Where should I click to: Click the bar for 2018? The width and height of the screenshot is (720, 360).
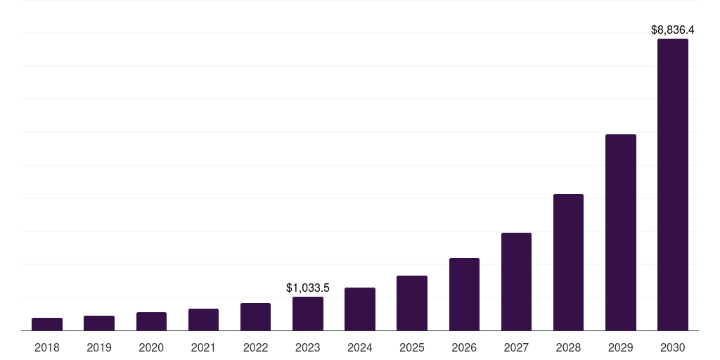point(47,324)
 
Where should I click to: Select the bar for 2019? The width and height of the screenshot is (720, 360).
point(99,323)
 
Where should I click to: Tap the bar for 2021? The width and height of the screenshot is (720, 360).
point(203,320)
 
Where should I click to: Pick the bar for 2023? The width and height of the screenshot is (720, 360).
point(308,314)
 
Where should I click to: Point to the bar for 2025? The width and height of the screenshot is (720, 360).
point(412,303)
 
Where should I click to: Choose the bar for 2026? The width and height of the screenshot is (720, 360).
point(464,295)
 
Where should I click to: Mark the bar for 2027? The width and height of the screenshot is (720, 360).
point(516,281)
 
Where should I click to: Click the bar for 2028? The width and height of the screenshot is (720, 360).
point(568,262)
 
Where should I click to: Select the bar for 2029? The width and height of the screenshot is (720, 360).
point(621,232)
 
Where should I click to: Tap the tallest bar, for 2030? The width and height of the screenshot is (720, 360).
point(673,185)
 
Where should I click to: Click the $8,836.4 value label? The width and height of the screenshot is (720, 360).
point(673,30)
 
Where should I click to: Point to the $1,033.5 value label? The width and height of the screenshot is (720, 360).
point(308,288)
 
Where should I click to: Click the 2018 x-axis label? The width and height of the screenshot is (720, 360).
point(47,347)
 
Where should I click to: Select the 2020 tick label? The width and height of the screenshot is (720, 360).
point(151,347)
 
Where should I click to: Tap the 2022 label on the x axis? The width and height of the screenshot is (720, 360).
point(255,347)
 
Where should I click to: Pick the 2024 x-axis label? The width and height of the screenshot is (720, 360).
point(360,347)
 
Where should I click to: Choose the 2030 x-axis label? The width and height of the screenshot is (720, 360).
point(673,347)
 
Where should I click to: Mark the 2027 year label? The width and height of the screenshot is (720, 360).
point(516,347)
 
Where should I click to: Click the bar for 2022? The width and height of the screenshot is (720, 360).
point(255,317)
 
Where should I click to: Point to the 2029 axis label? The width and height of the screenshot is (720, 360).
point(621,347)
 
